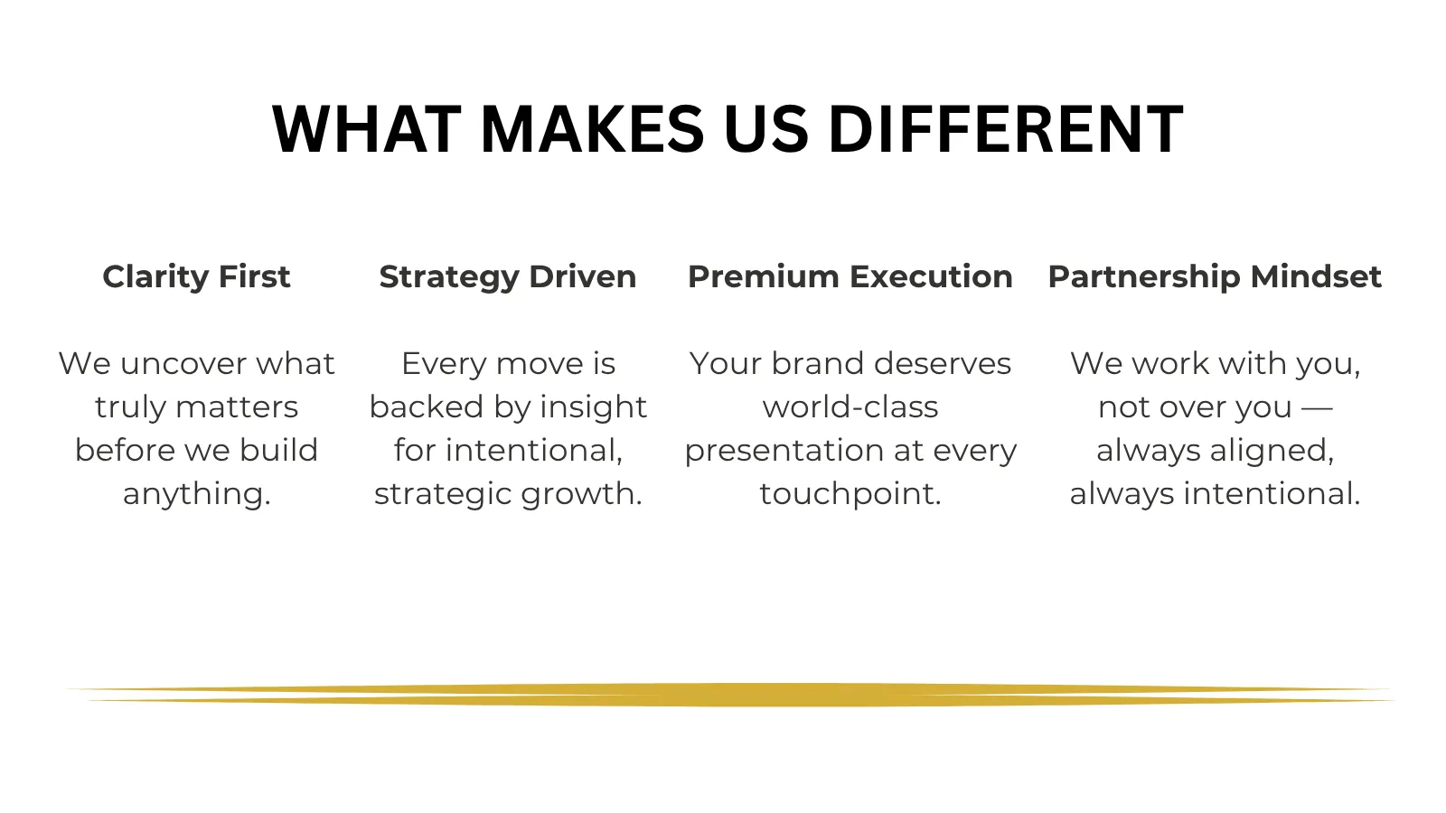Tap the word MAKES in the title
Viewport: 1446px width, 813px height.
point(593,129)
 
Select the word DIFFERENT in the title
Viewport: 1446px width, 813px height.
point(1006,129)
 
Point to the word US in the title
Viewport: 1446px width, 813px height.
point(766,129)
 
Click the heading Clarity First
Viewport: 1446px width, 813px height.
point(196,276)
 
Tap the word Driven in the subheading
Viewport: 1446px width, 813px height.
point(583,276)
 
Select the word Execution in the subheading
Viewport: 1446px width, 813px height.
point(931,276)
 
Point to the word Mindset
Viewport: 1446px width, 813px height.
point(1316,276)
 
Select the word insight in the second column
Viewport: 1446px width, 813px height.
point(593,408)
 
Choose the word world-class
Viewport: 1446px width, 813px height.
point(850,407)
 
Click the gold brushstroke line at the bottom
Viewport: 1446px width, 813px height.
point(729,695)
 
